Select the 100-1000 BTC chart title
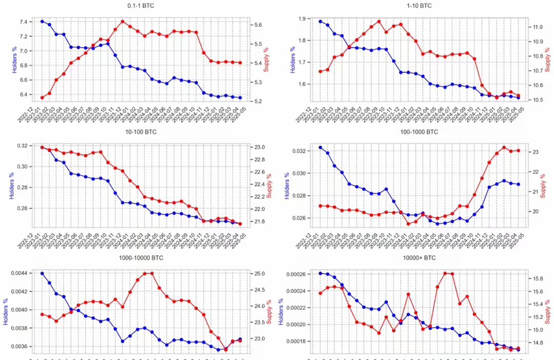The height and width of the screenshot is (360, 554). pyautogui.click(x=419, y=132)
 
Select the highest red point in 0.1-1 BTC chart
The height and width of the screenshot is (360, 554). pyautogui.click(x=122, y=21)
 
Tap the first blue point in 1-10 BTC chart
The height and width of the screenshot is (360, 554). pyautogui.click(x=320, y=21)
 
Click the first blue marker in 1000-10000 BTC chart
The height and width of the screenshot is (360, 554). pyautogui.click(x=42, y=273)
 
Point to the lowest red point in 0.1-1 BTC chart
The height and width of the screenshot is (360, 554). pyautogui.click(x=42, y=98)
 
